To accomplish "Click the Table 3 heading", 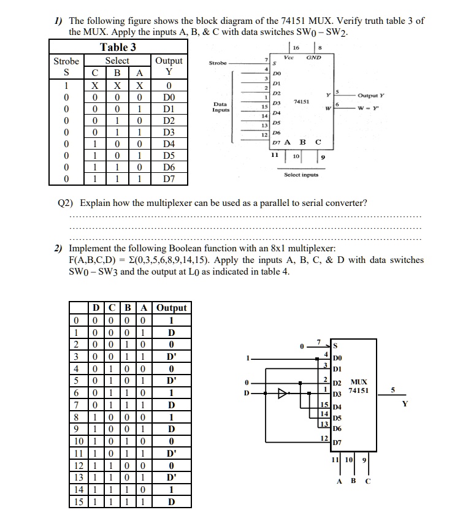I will tap(118, 47).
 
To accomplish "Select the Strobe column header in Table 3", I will tap(66, 61).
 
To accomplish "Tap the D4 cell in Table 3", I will tap(169, 143).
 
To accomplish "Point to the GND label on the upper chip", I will tap(313, 57).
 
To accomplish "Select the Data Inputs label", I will tap(221, 107).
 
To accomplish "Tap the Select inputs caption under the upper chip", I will tap(301, 175).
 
